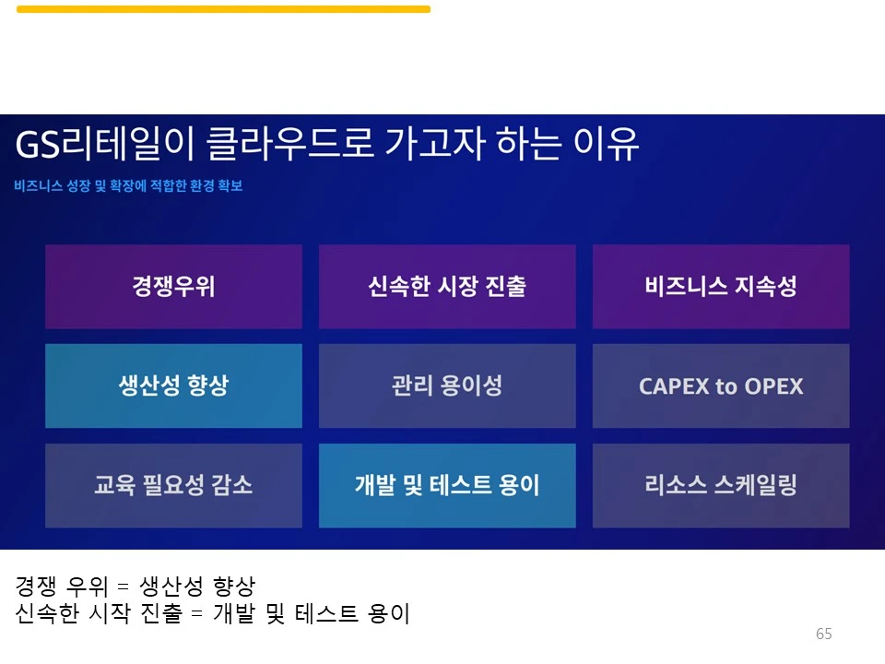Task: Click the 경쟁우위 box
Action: (x=173, y=287)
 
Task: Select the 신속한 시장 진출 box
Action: (x=447, y=287)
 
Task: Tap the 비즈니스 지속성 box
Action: (x=721, y=287)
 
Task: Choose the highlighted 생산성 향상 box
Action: (x=173, y=385)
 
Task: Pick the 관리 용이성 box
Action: (x=447, y=385)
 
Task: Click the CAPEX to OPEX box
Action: (x=721, y=385)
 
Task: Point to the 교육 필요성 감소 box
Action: (x=173, y=485)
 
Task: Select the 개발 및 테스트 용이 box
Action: (x=447, y=485)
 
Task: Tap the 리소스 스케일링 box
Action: (x=721, y=485)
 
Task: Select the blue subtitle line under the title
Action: (x=128, y=186)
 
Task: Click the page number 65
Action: (x=823, y=634)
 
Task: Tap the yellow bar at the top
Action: (x=223, y=9)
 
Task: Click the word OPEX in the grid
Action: (x=773, y=386)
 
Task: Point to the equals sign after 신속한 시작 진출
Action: (x=195, y=613)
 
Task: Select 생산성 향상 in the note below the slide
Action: (x=196, y=586)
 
